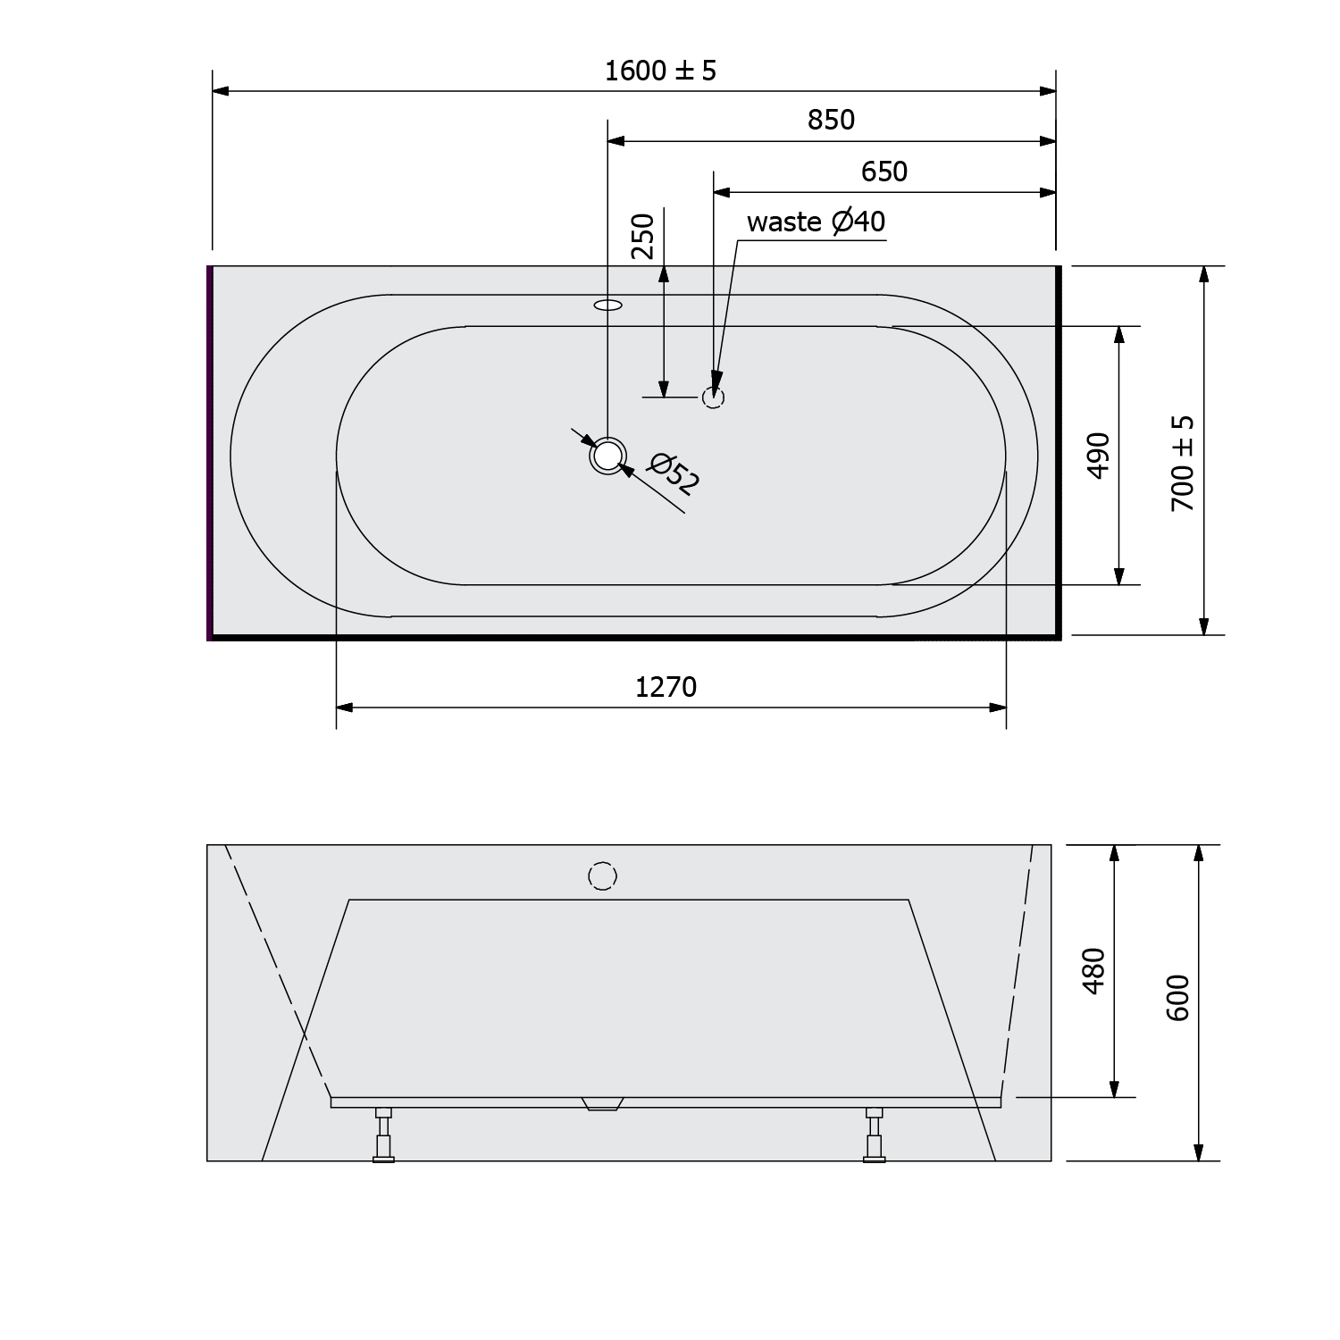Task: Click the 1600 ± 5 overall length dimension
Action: tap(660, 71)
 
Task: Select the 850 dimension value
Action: tap(831, 120)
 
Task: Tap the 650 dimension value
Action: tap(884, 172)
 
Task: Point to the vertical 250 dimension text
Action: tap(643, 236)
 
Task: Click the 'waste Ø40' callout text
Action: tap(816, 222)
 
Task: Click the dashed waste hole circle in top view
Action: tap(712, 398)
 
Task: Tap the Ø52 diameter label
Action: tap(674, 473)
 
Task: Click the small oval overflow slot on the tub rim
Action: tap(607, 306)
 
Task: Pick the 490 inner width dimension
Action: tap(1099, 455)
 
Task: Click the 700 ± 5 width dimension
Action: tap(1182, 463)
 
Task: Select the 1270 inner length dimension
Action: tap(666, 687)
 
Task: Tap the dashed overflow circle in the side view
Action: tap(603, 876)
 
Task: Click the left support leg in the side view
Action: tap(383, 1135)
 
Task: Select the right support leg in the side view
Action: tap(874, 1135)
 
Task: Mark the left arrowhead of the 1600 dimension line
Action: tap(222, 91)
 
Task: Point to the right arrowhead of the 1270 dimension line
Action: tap(998, 708)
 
